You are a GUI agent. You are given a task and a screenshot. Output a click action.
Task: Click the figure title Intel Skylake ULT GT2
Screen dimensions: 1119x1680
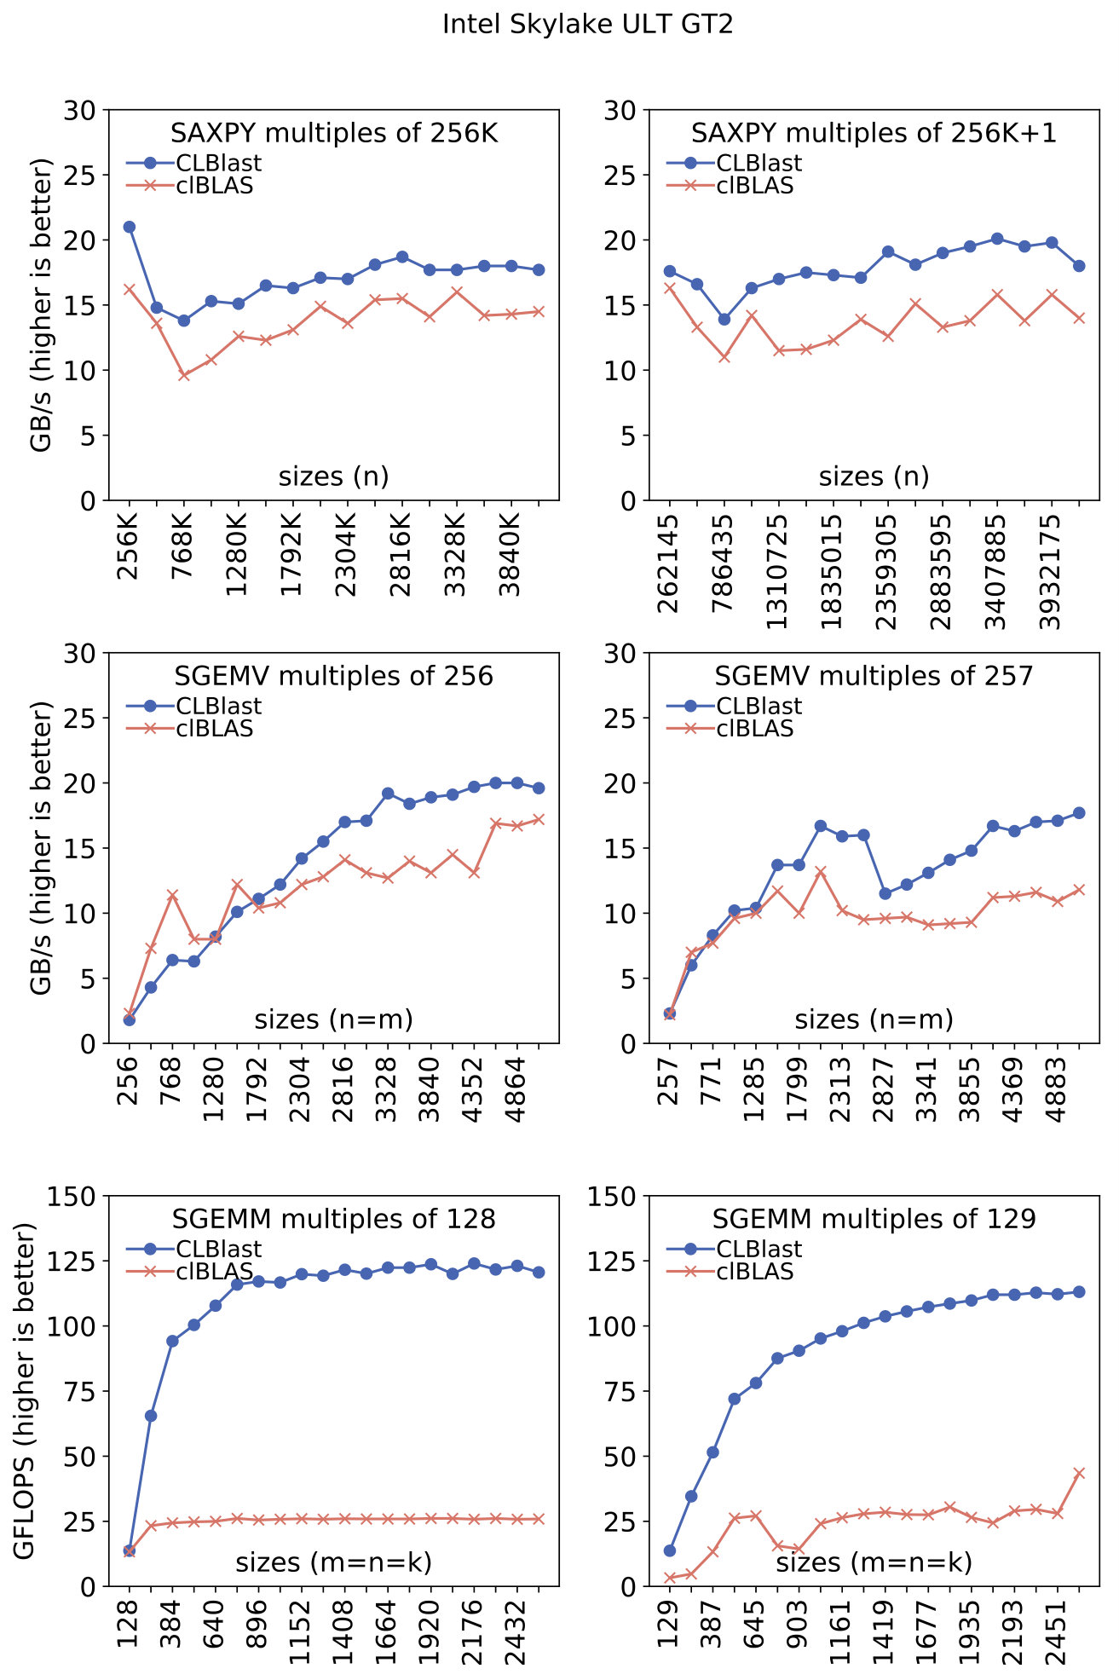[x=587, y=24]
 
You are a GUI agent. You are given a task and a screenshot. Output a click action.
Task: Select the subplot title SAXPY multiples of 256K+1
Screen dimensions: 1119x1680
[x=874, y=133]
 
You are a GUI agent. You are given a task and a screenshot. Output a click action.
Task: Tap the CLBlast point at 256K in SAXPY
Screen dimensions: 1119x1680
[x=130, y=227]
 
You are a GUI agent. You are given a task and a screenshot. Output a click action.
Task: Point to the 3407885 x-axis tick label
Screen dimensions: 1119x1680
[x=996, y=572]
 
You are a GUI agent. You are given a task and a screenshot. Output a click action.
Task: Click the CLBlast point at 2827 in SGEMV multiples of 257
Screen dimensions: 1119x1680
[x=885, y=893]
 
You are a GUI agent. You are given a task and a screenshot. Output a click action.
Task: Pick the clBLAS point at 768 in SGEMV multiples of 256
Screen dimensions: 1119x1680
[x=172, y=895]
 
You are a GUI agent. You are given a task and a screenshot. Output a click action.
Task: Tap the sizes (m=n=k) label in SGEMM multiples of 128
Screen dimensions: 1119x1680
[x=334, y=1562]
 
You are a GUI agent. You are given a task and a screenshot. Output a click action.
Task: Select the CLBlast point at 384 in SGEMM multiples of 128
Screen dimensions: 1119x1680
[x=172, y=1341]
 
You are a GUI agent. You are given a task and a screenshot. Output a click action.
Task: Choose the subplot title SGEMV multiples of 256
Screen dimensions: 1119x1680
[x=334, y=676]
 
